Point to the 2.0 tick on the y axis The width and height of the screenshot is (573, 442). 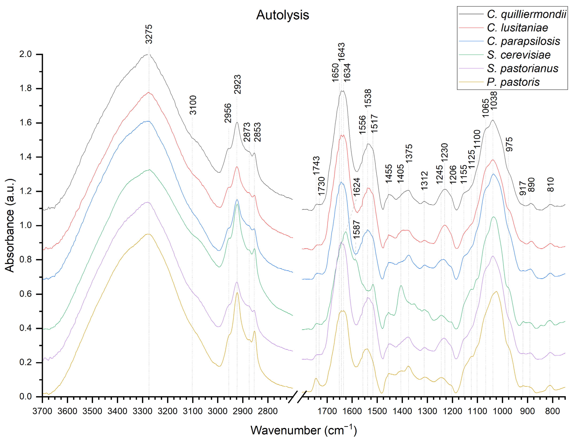26,54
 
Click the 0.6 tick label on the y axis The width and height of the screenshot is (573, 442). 26,294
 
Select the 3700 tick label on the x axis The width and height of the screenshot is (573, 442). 42,411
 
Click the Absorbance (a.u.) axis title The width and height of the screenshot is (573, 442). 10,225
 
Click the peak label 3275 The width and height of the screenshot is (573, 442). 149,34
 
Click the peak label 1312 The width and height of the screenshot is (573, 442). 424,180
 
